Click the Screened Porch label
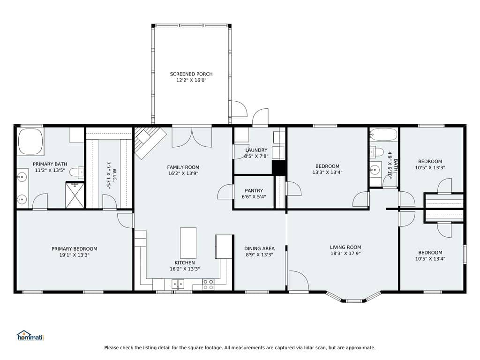191,74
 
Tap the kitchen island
188,243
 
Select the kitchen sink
178,284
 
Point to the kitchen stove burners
209,285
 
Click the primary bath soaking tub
30,142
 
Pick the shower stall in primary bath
75,195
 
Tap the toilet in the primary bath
77,172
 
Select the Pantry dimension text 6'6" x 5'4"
254,196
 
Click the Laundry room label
256,150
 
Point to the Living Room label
345,247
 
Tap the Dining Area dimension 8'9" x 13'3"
259,255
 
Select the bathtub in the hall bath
383,134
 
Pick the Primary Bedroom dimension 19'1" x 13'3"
75,255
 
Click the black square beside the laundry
278,167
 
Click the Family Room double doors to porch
192,136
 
